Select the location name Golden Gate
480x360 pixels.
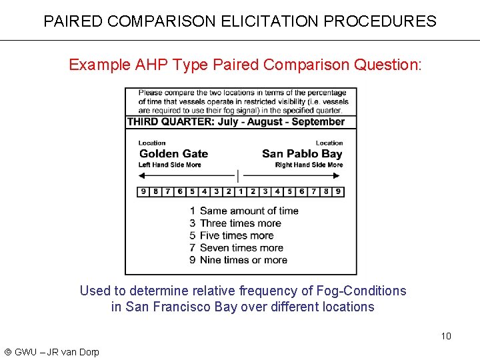point(173,154)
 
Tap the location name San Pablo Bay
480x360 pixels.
point(302,154)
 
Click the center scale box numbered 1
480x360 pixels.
point(241,191)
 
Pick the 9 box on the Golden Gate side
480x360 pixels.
point(143,191)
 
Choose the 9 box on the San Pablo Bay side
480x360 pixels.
point(339,191)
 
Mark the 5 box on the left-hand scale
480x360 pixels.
point(192,191)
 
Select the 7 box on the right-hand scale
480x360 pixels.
point(314,191)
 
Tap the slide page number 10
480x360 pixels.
point(446,336)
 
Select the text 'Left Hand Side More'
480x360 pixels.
point(169,165)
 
